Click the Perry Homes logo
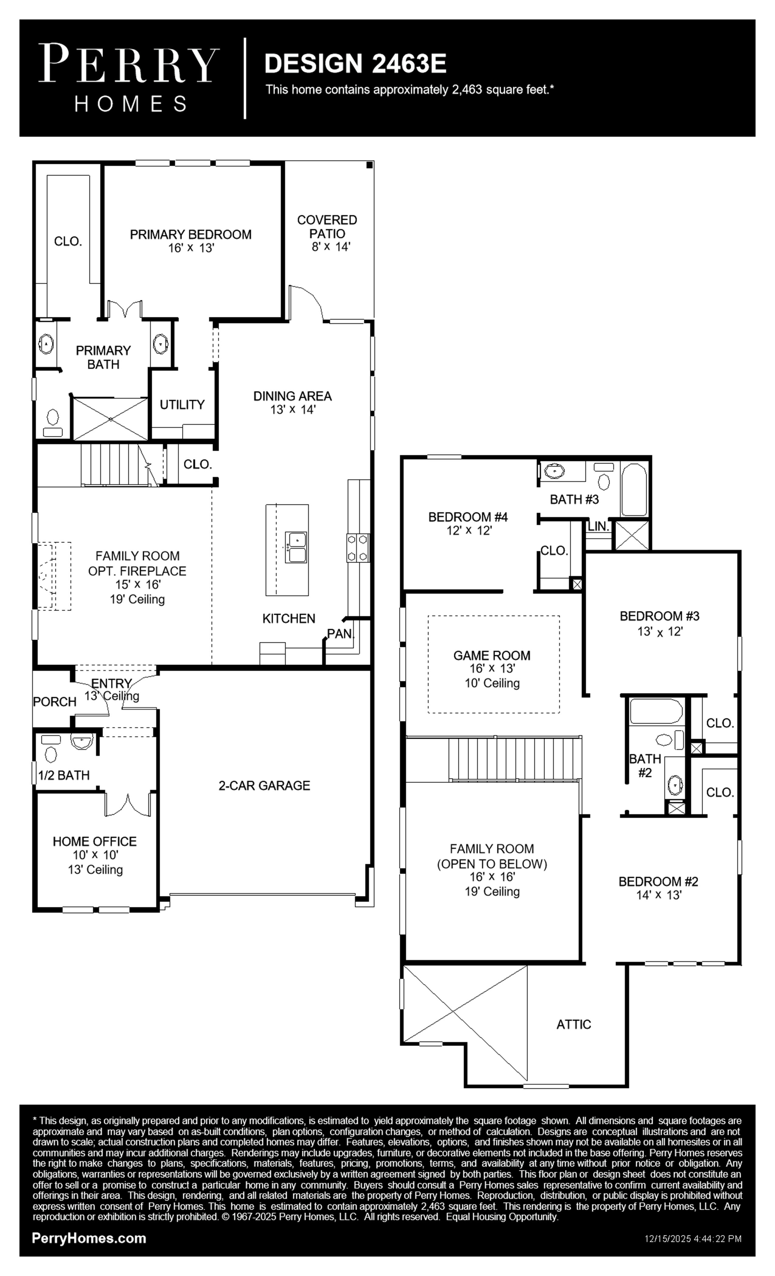tap(129, 78)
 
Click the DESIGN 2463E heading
tap(355, 63)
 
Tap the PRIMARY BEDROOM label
tap(191, 235)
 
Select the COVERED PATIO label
tap(327, 227)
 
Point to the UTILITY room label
tap(182, 404)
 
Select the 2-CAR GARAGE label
tap(264, 786)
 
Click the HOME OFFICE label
tap(95, 842)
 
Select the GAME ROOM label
tap(492, 656)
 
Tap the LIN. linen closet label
tap(598, 526)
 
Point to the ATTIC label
tap(573, 1024)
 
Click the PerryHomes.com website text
tap(89, 1238)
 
